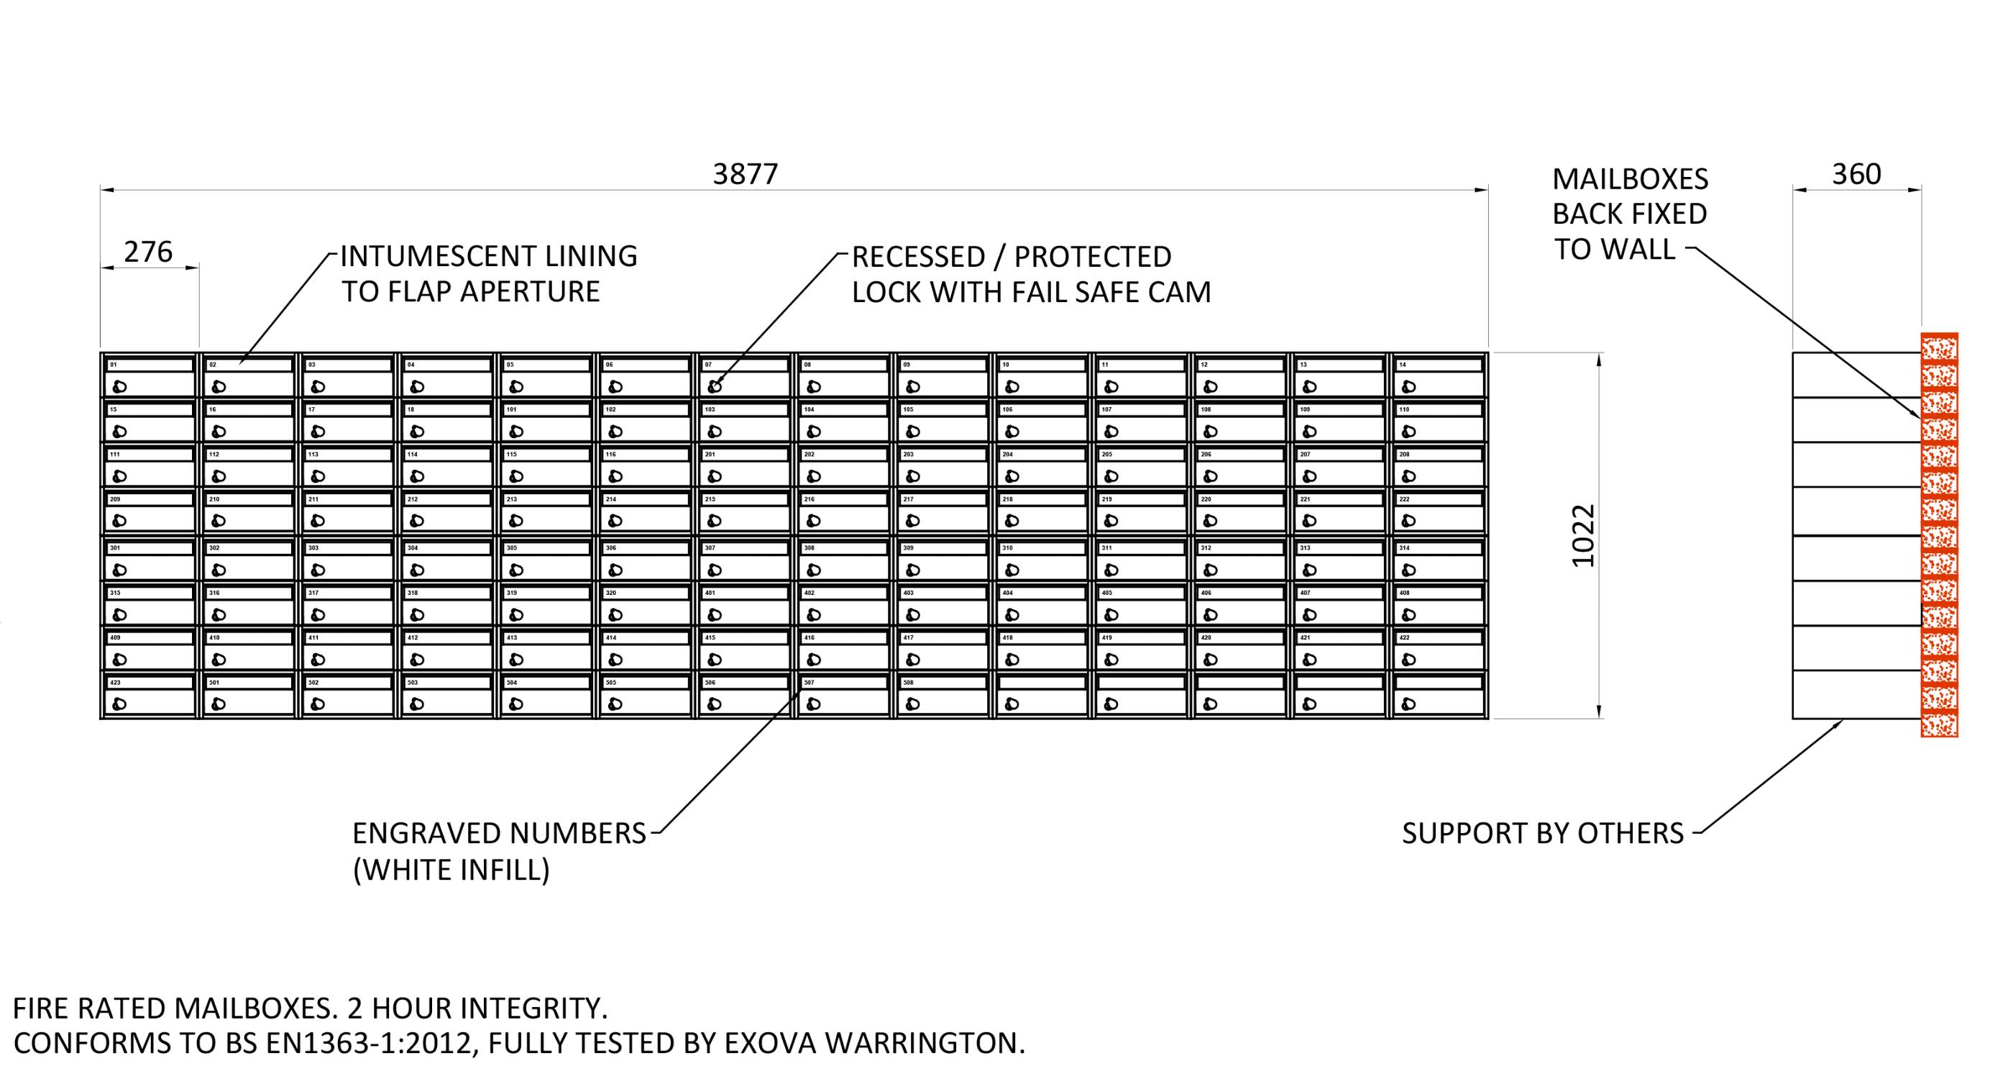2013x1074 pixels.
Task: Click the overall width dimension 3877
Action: (746, 174)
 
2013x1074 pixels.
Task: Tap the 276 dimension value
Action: (149, 252)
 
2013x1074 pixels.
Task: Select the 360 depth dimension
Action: (1856, 174)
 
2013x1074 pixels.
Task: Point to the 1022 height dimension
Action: (1583, 536)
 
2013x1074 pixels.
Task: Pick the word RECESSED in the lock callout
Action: (918, 257)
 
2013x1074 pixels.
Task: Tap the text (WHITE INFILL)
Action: (451, 870)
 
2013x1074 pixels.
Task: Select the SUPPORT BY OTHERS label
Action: (1543, 834)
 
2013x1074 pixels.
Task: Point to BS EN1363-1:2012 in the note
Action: (367, 1044)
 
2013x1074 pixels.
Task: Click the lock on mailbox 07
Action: (714, 386)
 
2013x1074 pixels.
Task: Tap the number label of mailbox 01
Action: (114, 365)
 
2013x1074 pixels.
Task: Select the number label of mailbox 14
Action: (1403, 365)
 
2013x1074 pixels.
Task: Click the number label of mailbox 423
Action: (116, 683)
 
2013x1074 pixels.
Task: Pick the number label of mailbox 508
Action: (908, 683)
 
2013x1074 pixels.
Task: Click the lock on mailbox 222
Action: (1408, 520)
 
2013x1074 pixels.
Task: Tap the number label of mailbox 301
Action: (116, 548)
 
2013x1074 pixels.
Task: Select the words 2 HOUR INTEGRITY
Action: (477, 1009)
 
